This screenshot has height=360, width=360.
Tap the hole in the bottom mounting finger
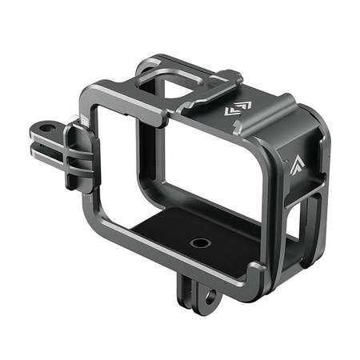[210, 297]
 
